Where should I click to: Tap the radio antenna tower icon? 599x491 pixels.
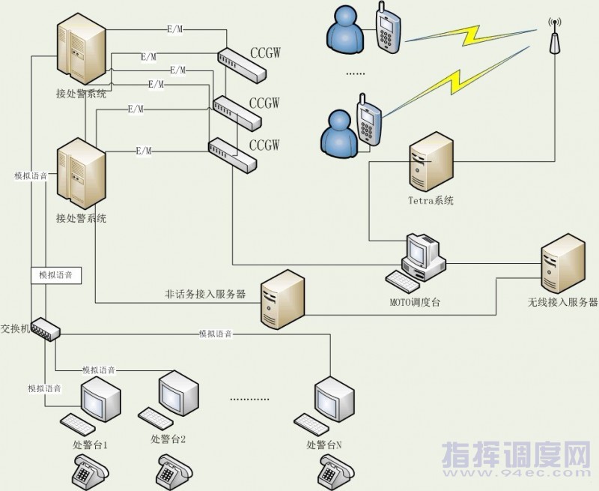555,36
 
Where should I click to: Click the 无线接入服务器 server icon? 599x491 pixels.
563,263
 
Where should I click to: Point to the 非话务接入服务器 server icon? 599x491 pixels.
282,299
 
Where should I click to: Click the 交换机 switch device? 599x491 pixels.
46,329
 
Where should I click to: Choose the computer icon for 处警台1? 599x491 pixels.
91,405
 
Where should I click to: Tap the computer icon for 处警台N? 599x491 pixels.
324,405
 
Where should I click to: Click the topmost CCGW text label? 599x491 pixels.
266,52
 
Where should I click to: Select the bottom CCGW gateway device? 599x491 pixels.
232,154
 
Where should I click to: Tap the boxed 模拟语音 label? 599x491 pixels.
56,275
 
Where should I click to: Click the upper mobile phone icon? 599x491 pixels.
387,27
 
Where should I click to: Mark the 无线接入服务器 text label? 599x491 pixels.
562,302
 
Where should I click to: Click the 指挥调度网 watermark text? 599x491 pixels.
517,454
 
